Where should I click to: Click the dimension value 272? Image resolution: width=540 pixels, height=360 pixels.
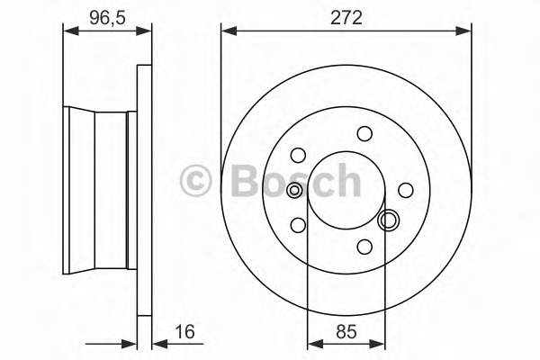coord(346,18)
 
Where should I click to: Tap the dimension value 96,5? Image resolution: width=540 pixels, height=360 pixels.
coord(107,18)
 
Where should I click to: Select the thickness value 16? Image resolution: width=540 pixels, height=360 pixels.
coord(184,332)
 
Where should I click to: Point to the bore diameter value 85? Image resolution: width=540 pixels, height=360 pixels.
coord(346,332)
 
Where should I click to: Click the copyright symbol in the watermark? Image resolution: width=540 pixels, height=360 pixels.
coord(195,181)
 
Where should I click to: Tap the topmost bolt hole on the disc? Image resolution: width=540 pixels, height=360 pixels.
coord(364,134)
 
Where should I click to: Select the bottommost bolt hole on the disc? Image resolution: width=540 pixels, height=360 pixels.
coord(364,247)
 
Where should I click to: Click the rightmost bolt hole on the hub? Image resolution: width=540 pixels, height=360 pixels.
coord(406,190)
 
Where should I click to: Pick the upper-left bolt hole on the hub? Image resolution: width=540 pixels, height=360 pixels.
coord(298,155)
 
